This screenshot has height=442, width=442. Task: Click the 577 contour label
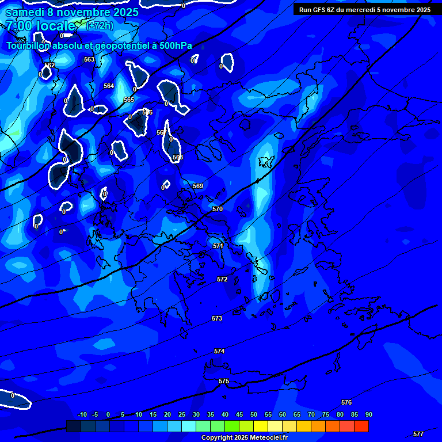[418, 434]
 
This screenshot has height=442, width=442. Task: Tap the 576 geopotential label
[346, 402]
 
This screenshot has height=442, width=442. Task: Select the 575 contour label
[224, 381]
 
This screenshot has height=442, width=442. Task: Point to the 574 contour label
[219, 351]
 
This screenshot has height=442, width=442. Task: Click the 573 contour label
[217, 318]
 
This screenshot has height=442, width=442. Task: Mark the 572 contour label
[222, 279]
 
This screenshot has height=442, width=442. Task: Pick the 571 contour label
[218, 246]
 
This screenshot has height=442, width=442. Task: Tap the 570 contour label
[218, 209]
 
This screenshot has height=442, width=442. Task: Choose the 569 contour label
[198, 186]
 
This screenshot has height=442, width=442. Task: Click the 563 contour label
[89, 59]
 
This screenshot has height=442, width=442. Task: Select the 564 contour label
[109, 86]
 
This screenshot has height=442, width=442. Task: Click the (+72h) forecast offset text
[100, 25]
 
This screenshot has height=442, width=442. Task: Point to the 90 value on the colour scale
[368, 414]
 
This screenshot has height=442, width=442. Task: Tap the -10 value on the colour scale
[82, 414]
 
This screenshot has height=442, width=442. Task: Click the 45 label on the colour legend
[239, 414]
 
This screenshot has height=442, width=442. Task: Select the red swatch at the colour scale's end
[361, 426]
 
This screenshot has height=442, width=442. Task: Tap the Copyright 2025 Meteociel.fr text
[244, 437]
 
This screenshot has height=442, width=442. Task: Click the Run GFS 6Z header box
[365, 10]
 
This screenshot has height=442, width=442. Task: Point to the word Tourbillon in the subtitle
[28, 45]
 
